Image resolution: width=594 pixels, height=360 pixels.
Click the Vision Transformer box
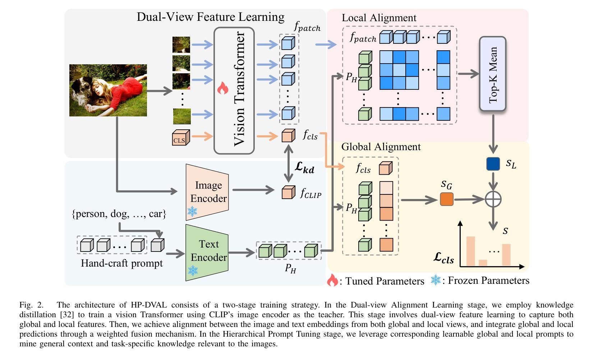coord(234,91)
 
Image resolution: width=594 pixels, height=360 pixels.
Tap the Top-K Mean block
coord(493,74)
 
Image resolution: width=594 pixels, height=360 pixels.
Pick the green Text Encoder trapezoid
coord(207,252)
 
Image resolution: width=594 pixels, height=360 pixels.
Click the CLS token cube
coord(180,138)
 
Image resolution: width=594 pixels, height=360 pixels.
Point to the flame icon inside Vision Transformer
coord(223,88)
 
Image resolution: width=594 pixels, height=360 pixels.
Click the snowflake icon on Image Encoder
coord(192,211)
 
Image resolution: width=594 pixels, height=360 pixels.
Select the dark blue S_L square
coord(493,164)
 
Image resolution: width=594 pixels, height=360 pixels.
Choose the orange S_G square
coord(447,199)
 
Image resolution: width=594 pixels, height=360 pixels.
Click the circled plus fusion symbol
coord(493,199)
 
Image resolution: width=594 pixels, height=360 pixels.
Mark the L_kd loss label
coord(304,167)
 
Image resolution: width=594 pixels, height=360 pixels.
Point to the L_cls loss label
coord(443,258)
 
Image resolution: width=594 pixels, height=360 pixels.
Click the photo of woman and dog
coord(108,90)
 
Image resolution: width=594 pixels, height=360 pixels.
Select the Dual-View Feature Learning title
coord(210,17)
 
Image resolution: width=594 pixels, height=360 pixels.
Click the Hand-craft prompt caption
coord(121,263)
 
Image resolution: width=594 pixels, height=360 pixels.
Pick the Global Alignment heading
coord(381,147)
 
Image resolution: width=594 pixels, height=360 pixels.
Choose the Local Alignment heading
coord(379,18)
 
